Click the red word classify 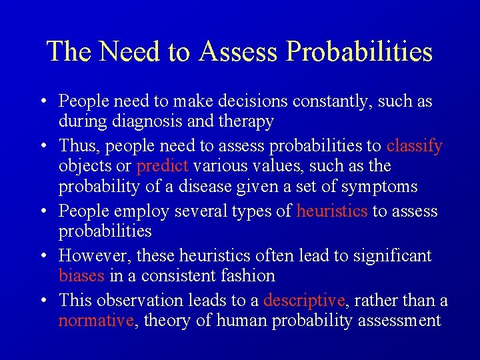point(414,145)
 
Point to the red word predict point(163,165)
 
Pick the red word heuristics point(332,211)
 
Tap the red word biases point(81,275)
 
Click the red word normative point(96,321)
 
